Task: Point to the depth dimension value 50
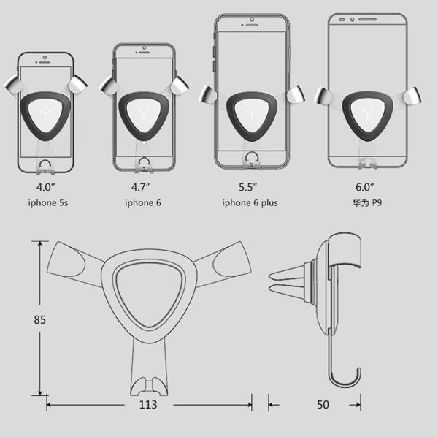[x=322, y=404]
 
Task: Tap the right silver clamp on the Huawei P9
[x=412, y=95]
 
